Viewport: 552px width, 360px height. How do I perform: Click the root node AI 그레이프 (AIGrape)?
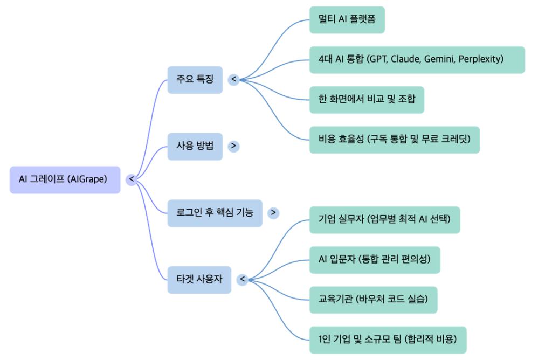click(x=65, y=179)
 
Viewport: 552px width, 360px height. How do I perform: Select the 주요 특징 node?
click(x=195, y=80)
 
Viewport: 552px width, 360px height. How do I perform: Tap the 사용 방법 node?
click(x=195, y=146)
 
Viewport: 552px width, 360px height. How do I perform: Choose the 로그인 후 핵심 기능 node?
click(x=215, y=213)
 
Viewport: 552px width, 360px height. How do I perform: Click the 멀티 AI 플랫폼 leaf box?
click(x=347, y=20)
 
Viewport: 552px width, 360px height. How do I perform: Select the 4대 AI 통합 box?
click(x=417, y=59)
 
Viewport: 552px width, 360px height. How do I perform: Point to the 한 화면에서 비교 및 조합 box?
click(x=367, y=99)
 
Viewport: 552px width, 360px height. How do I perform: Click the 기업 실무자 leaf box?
click(x=384, y=219)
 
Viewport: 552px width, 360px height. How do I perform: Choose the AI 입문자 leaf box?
click(x=374, y=260)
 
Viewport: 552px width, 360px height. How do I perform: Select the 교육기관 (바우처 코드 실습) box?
click(x=373, y=300)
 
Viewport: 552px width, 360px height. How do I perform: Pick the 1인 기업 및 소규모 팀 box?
click(x=388, y=340)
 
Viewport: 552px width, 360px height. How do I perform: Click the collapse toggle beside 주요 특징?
click(x=234, y=80)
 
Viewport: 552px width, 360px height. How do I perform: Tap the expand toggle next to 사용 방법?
click(x=233, y=146)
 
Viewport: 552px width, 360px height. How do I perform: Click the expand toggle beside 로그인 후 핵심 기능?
click(x=273, y=213)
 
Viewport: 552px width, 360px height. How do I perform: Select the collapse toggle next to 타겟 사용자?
click(x=242, y=280)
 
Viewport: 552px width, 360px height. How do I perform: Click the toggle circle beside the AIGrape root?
click(x=131, y=179)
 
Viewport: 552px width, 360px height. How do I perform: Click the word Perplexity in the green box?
click(x=480, y=59)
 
